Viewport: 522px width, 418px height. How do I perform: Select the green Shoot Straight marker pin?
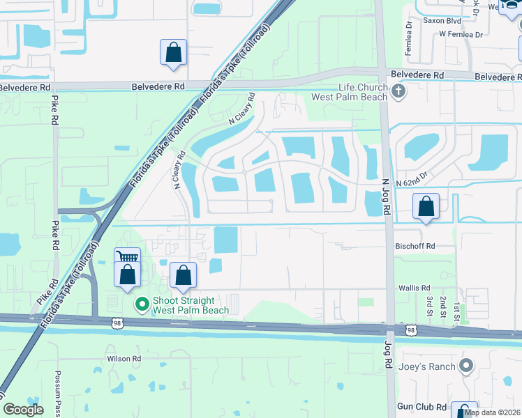(142, 304)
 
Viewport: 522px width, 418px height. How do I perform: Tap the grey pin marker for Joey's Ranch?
(466, 366)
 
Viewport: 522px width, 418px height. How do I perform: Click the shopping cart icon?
(127, 257)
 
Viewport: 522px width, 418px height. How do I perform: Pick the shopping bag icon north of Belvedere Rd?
(173, 52)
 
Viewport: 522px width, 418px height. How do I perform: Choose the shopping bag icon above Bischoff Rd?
(426, 206)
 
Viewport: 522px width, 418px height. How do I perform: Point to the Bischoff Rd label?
(415, 246)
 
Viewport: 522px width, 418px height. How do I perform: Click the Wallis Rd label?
(415, 287)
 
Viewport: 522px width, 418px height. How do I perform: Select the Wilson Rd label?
(124, 359)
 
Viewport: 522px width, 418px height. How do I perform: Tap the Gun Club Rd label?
(422, 407)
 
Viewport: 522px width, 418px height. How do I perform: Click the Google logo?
(23, 410)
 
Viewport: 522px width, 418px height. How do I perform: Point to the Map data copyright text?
(492, 412)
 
